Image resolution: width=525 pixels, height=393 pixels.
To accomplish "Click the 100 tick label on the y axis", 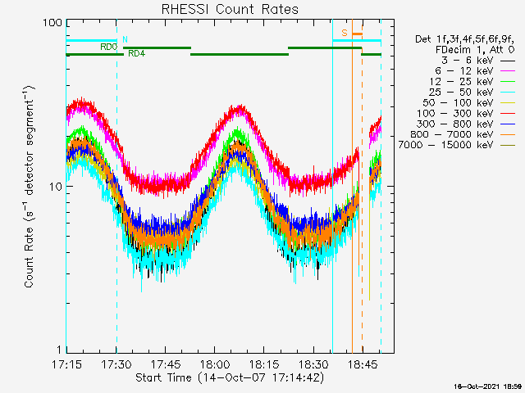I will coord(52,22).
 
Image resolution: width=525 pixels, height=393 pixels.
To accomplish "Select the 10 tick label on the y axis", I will coord(56,187).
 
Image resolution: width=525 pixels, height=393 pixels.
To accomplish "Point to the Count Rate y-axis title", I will coord(30,187).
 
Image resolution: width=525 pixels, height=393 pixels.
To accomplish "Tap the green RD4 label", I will coord(136,54).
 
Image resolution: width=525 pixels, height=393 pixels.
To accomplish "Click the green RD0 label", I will coord(108,47).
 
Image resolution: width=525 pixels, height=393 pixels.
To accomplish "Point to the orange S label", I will coord(345,33).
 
